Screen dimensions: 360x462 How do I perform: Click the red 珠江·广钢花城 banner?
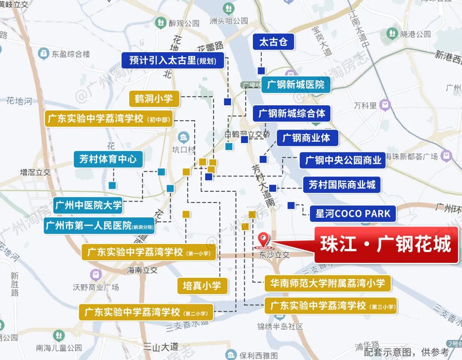[386, 245]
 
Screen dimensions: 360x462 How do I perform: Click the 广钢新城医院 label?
[296, 85]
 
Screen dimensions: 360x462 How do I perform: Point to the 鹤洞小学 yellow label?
[154, 99]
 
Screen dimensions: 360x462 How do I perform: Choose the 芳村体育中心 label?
[108, 159]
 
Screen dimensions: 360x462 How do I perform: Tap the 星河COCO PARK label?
[353, 214]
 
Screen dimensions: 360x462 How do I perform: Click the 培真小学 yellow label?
[202, 286]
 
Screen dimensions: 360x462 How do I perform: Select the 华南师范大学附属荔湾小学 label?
[327, 283]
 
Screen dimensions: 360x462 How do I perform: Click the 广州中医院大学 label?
[89, 205]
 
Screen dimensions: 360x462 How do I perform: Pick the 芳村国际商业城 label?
[342, 184]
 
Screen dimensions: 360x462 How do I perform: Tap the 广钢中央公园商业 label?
[343, 161]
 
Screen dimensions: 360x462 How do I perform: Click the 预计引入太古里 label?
[172, 60]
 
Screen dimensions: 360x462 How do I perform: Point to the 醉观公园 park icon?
[161, 22]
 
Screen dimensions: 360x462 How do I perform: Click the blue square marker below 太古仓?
[261, 71]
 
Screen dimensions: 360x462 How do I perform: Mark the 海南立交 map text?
[142, 270]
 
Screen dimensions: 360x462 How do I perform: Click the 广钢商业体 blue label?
[308, 138]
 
